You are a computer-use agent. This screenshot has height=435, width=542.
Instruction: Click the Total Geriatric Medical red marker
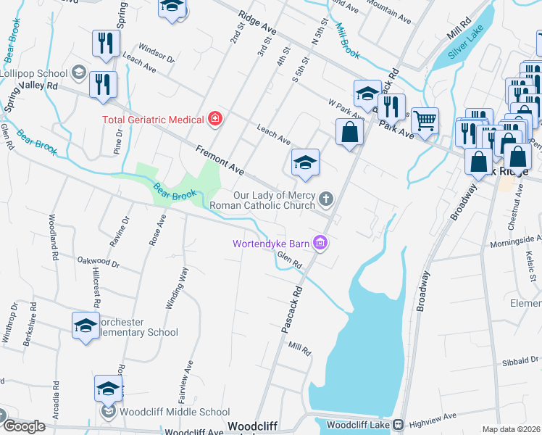pos(214,118)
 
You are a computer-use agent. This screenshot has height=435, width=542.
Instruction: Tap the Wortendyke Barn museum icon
pos(320,244)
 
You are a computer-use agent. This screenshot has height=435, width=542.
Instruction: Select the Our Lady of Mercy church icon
pos(327,198)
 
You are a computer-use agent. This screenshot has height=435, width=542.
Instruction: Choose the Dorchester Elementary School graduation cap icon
pos(86,325)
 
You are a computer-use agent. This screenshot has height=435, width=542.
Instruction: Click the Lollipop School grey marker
pos(78,73)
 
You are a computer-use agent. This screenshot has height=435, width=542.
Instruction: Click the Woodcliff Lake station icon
pos(398,424)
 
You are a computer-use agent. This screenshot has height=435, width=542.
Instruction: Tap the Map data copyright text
pos(511,429)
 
